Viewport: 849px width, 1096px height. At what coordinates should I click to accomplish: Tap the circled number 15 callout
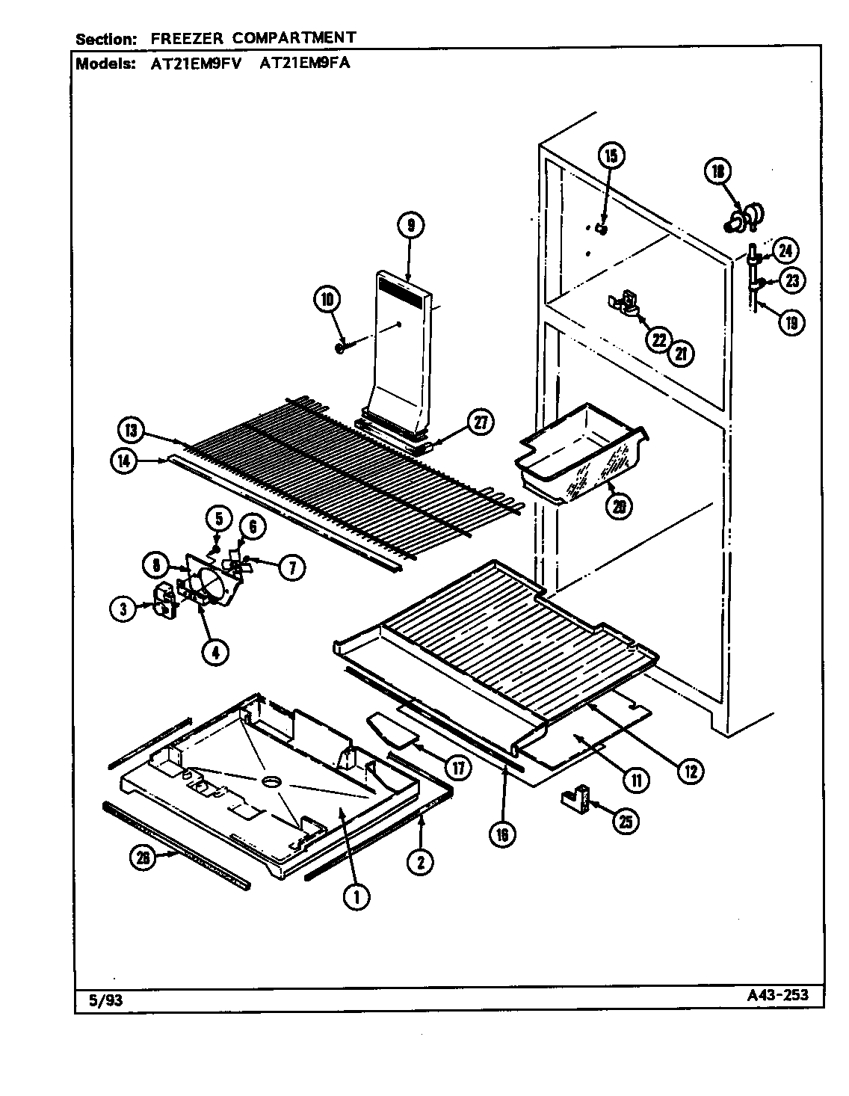(611, 156)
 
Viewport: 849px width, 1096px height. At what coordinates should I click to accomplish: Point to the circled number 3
(123, 609)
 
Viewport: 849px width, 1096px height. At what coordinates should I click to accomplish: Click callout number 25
(625, 822)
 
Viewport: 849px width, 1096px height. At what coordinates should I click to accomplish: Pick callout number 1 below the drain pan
(356, 896)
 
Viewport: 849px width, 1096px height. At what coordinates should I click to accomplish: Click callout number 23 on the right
(791, 281)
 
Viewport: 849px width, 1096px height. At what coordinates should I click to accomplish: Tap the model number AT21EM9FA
(304, 64)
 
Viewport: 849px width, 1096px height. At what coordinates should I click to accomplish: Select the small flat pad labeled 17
(390, 727)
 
